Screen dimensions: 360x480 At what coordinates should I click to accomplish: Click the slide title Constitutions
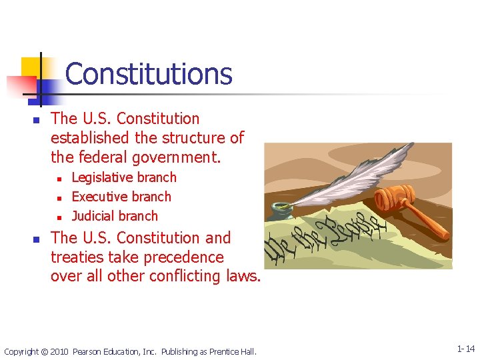[149, 74]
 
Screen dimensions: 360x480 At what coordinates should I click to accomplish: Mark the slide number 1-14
[465, 349]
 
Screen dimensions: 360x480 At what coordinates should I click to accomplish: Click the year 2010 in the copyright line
[59, 351]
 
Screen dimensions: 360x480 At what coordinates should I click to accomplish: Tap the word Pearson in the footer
[88, 351]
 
